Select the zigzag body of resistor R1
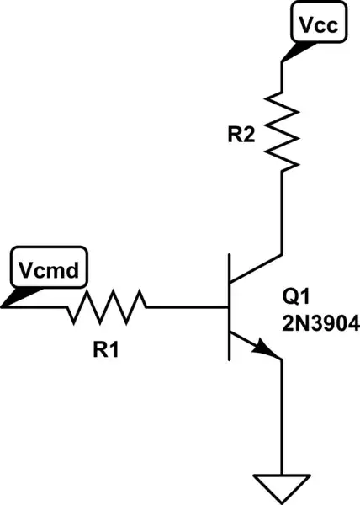coord(106,307)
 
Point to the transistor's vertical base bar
coord(229,307)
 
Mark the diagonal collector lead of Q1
coord(256,268)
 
